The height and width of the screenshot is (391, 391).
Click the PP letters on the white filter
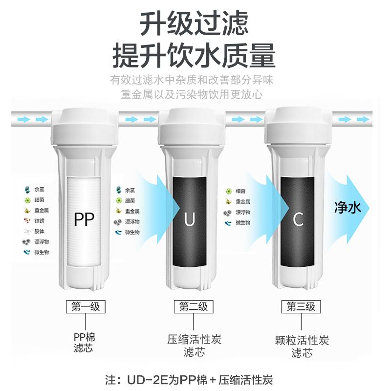tap(84, 219)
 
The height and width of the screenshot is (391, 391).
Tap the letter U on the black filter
tap(189, 219)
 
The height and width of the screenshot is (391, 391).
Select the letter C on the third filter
tap(298, 219)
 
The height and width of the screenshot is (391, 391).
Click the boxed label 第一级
tap(86, 306)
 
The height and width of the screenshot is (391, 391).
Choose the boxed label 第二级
tap(194, 306)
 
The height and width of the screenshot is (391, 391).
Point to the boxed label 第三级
tap(301, 306)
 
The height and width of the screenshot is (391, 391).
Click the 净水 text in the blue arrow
tap(348, 207)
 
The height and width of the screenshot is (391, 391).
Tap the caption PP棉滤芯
tap(84, 343)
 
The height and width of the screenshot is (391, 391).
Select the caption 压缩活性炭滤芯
tap(194, 346)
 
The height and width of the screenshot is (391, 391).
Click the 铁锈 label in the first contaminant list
tap(39, 221)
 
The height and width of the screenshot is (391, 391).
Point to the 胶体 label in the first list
tap(39, 231)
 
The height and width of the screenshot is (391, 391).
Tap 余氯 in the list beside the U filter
tap(130, 190)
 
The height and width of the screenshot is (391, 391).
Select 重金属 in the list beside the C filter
tap(243, 201)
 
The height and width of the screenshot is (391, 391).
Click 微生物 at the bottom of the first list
tap(42, 252)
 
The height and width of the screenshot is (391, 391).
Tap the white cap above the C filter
tap(299, 127)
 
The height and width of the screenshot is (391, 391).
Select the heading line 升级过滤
tap(194, 23)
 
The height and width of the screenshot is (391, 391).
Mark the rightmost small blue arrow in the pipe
tap(363, 119)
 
